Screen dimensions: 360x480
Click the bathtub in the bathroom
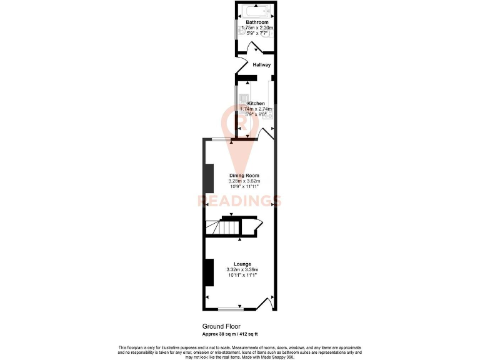pos(256,10)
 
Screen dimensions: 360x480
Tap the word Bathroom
pos(257,22)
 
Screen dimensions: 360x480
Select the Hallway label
pos(261,64)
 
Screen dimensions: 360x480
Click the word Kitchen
pos(256,103)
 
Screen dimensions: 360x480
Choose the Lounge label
pos(243,264)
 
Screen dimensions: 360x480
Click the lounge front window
pos(231,309)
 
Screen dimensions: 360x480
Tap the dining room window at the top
pos(220,139)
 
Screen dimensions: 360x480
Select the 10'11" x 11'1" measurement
pos(243,275)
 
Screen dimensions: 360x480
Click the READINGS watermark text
pos(239,201)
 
